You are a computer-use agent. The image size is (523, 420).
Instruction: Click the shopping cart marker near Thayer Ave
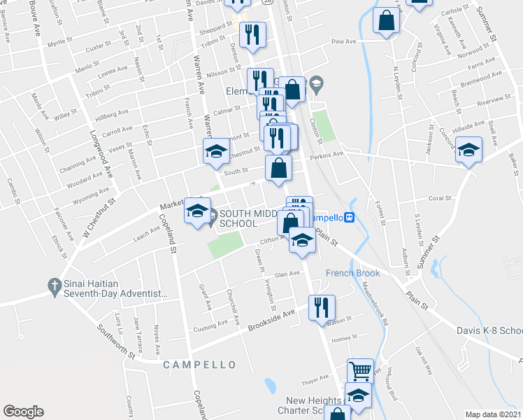[359, 371]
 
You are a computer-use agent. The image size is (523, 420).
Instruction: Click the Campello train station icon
[348, 217]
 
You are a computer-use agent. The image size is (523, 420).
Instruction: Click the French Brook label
[352, 273]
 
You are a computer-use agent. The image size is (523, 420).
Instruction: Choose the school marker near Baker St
[468, 149]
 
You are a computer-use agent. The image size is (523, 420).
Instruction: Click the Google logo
[23, 411]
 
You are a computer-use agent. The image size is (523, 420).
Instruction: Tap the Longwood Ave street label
[100, 150]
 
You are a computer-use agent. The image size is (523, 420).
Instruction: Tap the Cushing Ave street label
[210, 324]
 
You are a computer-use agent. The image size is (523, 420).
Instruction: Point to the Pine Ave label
[344, 42]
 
